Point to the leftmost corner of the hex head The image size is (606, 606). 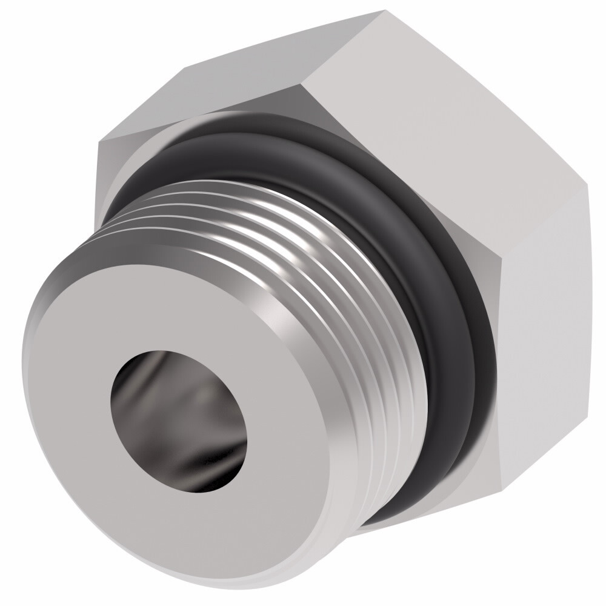(x=99, y=141)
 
